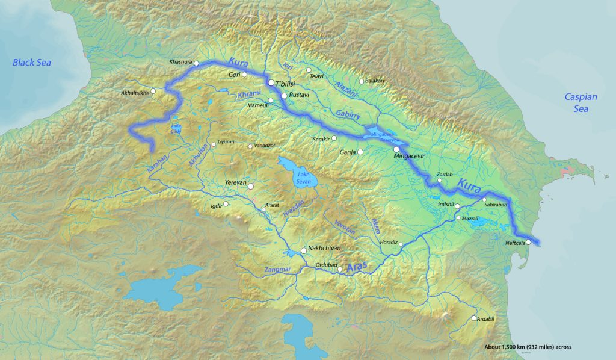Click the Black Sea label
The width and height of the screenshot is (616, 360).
tap(32, 63)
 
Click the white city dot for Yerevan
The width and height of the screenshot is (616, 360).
tap(251, 187)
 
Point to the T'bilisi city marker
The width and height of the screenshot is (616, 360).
tap(271, 83)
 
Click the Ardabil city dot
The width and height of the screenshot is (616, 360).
tap(474, 318)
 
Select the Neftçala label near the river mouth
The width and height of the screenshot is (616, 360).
tap(515, 243)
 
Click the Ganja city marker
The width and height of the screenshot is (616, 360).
tap(360, 152)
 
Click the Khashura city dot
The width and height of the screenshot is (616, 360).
tap(196, 62)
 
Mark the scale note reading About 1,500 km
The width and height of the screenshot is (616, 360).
tap(528, 347)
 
